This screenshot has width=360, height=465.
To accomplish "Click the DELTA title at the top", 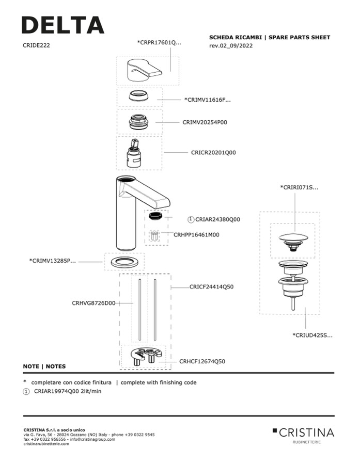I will pyautogui.click(x=62, y=25).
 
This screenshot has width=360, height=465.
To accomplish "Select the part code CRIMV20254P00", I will pyautogui.click(x=205, y=122).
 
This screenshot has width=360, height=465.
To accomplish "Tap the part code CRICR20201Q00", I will pyautogui.click(x=213, y=153).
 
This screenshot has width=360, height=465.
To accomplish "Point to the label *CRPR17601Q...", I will pyautogui.click(x=160, y=42).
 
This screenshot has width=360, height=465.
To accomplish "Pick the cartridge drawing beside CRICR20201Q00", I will pyautogui.click(x=134, y=153).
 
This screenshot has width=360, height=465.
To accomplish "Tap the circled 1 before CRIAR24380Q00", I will pyautogui.click(x=191, y=219).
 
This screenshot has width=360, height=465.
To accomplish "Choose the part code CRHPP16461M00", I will pyautogui.click(x=196, y=234).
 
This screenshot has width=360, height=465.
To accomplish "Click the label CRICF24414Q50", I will pyautogui.click(x=212, y=286).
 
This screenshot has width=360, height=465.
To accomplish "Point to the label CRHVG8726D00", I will pyautogui.click(x=93, y=303).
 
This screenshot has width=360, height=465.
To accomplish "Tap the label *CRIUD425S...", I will pyautogui.click(x=312, y=335).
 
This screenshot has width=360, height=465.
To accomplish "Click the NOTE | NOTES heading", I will pyautogui.click(x=44, y=366).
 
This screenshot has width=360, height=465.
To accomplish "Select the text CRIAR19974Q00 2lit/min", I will pyautogui.click(x=68, y=392).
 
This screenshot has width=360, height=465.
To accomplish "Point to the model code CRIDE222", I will pyautogui.click(x=36, y=45).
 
